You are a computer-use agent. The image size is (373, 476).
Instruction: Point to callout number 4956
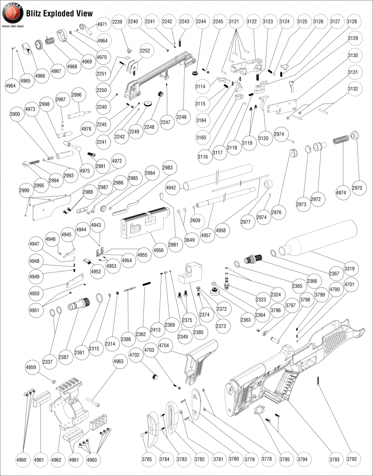click(158, 250)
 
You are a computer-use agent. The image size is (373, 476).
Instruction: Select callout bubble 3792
click(351, 459)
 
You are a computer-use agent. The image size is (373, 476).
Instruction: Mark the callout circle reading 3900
click(15, 114)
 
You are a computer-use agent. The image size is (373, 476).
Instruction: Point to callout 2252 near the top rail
click(145, 51)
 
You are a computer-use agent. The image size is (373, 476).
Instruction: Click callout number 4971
click(102, 24)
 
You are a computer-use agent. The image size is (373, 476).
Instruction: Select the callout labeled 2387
click(63, 357)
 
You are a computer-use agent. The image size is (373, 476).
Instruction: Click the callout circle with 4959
click(31, 367)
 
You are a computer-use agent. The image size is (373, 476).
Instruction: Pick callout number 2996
click(77, 95)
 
